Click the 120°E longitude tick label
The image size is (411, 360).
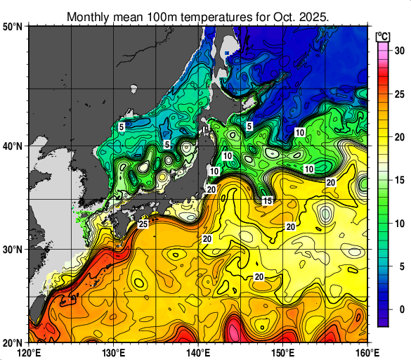tap(29, 352)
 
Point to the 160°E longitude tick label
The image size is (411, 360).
tap(367, 352)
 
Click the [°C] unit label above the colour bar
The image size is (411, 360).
tap(384, 35)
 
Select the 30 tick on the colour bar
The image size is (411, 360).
tap(398, 51)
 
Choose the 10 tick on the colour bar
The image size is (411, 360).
tap(398, 224)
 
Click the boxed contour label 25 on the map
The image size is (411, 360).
tap(143, 224)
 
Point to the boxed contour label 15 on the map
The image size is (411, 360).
tap(268, 201)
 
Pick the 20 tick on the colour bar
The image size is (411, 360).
tap(398, 137)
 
